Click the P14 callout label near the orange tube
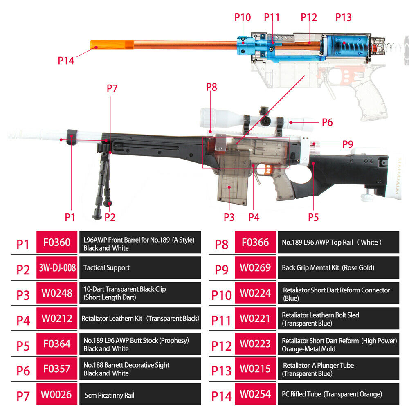tap(66, 61)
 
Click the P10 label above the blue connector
tap(243, 18)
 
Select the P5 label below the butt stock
tap(313, 217)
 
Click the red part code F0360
tap(57, 243)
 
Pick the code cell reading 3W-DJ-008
tap(57, 268)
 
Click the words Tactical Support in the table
tap(106, 268)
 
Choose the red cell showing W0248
tap(57, 293)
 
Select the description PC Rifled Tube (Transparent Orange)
tap(332, 395)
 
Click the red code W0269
tap(255, 268)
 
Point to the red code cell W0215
tap(255, 369)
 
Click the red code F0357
tap(57, 369)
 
